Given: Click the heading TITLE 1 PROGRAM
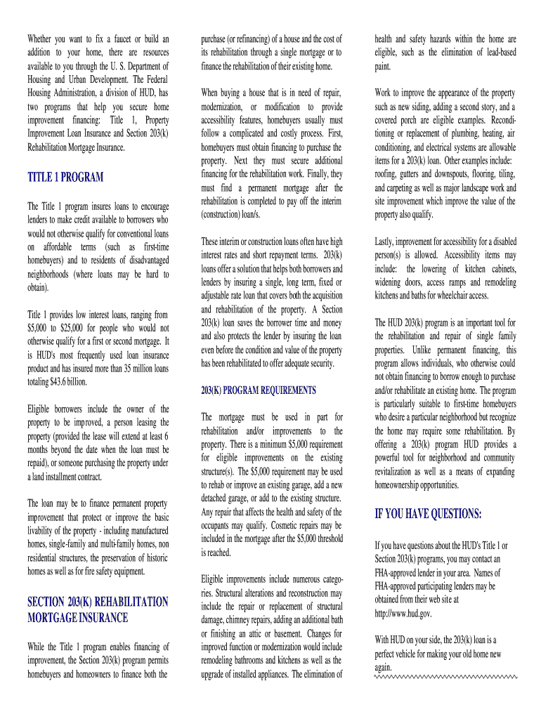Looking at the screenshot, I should pyautogui.click(x=65, y=178).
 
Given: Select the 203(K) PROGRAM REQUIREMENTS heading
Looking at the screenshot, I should pyautogui.click(x=258, y=390).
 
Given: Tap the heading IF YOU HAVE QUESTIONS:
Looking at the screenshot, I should pyautogui.click(x=429, y=515).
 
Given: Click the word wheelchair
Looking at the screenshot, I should pyautogui.click(x=446, y=296).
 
